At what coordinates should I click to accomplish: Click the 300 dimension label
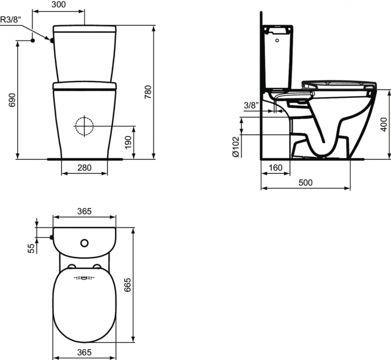tap(59, 4)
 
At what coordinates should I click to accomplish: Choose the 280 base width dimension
tap(84, 167)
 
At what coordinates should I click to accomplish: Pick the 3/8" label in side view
tap(251, 105)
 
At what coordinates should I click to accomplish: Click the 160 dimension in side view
tap(275, 167)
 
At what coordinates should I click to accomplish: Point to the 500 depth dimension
tap(305, 183)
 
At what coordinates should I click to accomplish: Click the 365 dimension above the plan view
tap(84, 211)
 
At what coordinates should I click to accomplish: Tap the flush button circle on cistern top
tap(84, 243)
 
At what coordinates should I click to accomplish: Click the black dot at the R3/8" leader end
tap(33, 40)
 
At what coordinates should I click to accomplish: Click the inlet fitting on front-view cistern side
tap(52, 40)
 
